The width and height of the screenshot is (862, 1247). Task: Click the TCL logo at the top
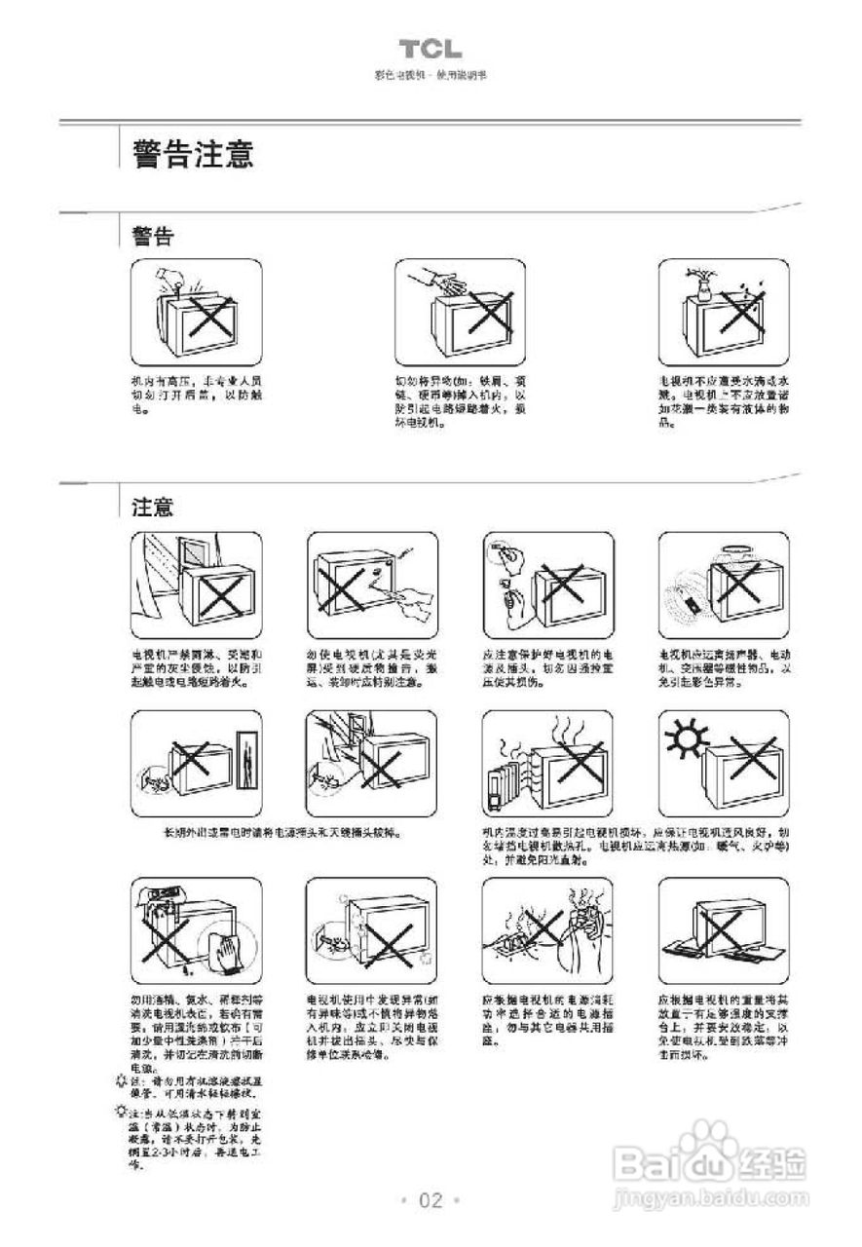coord(430,50)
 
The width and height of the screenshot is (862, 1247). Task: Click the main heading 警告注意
coord(195,154)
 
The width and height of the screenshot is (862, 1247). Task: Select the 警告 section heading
coord(153,236)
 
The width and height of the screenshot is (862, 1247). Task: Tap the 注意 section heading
coord(153,507)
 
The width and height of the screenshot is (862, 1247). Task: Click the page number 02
coord(431,1199)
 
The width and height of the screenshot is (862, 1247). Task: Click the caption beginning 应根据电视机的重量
coord(723,1028)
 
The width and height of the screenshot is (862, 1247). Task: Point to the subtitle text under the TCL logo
coord(430,75)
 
